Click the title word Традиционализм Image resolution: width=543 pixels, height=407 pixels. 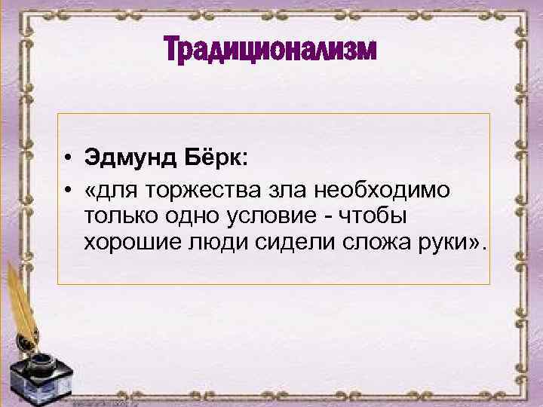(x=270, y=52)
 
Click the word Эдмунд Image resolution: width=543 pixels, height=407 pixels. (x=128, y=158)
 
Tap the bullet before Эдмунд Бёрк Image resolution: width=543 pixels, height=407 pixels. (x=68, y=159)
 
